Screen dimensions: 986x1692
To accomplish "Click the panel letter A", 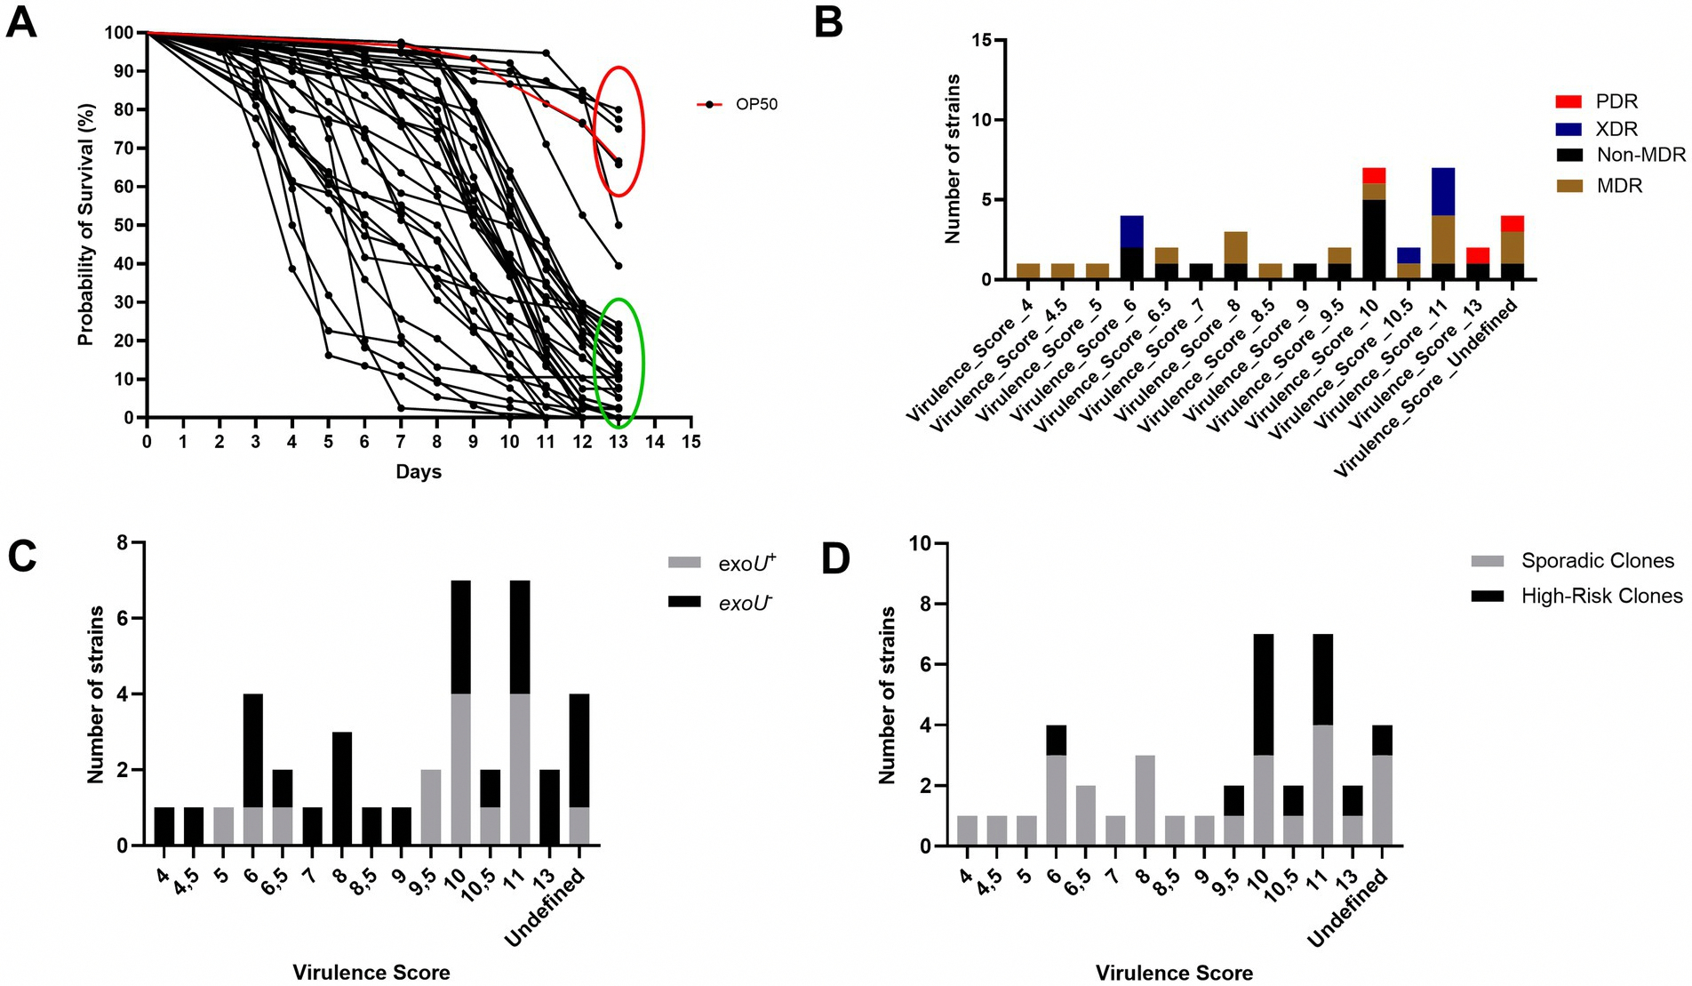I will [22, 21].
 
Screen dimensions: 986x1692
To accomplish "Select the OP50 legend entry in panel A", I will [737, 104].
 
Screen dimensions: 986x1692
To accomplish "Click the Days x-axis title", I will [419, 471].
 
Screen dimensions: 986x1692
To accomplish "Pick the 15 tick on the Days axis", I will [690, 441].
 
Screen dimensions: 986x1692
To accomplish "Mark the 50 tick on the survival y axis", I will [124, 225].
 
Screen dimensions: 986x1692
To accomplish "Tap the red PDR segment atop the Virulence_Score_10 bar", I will [1374, 175].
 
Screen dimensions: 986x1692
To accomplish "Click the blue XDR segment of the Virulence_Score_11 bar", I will [1443, 191].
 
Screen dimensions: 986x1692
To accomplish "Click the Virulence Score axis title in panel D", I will [1174, 973].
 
